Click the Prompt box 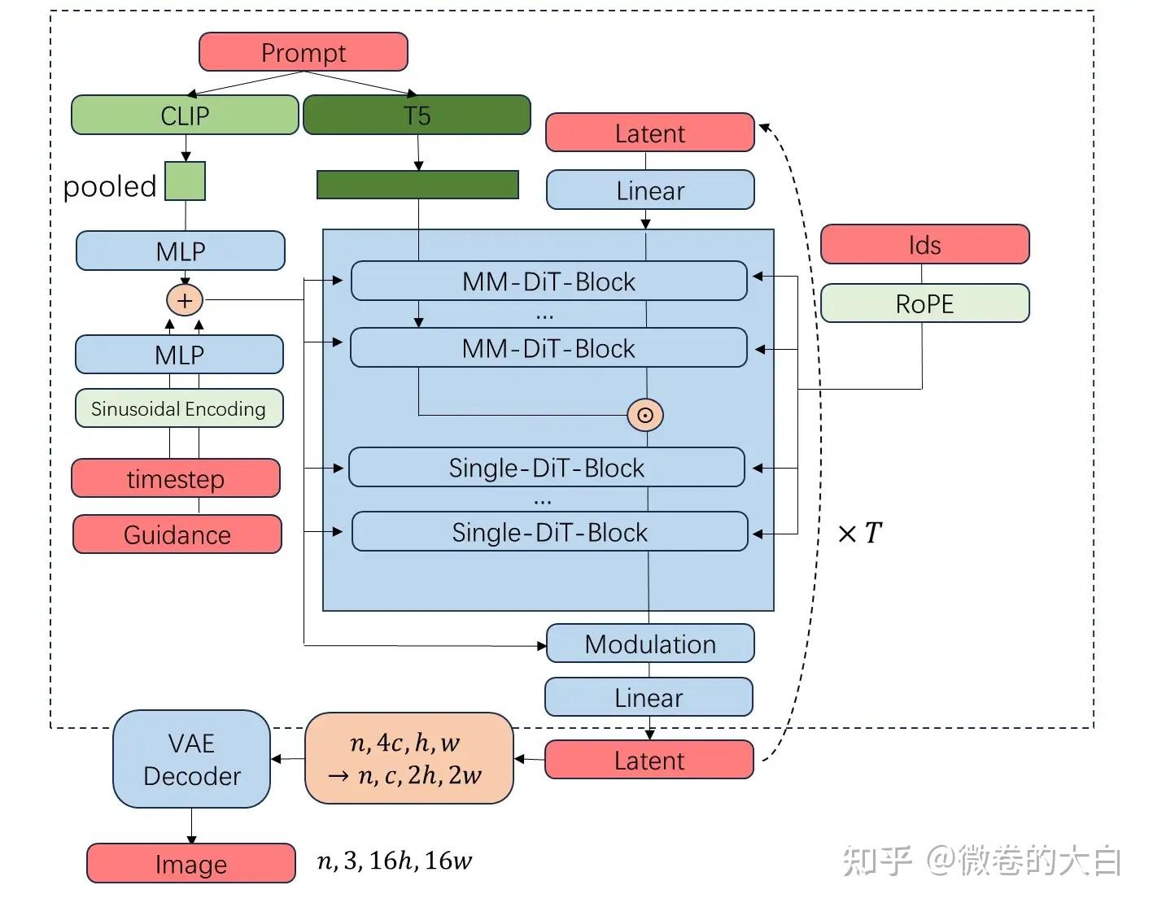(x=303, y=52)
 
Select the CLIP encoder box (x=185, y=115)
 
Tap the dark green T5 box (x=417, y=115)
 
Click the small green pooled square (x=186, y=181)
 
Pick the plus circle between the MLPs (x=185, y=300)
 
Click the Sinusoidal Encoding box (x=179, y=408)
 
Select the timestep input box (x=176, y=478)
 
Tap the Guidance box (x=177, y=534)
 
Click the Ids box (x=924, y=245)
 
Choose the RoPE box (x=924, y=303)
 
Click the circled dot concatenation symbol (x=645, y=415)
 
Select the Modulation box (x=650, y=643)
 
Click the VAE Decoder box (x=191, y=759)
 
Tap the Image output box (x=191, y=864)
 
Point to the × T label (x=860, y=534)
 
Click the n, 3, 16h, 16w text (x=395, y=861)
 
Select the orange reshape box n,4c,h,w (x=408, y=758)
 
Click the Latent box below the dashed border (x=649, y=760)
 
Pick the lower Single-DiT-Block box (x=549, y=532)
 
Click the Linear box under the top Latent (x=650, y=190)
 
